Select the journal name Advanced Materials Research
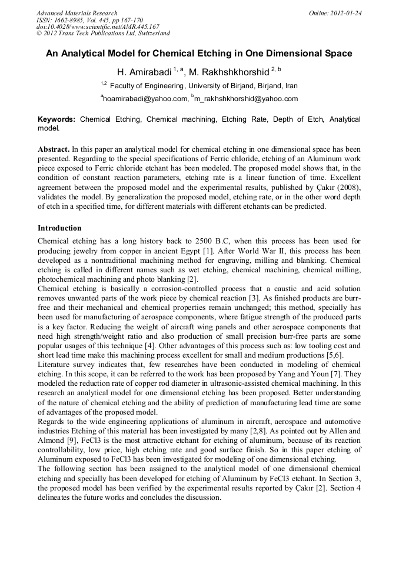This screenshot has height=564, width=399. pyautogui.click(x=77, y=13)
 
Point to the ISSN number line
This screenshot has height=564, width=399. pyautogui.click(x=89, y=20)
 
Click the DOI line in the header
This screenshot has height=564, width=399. pyautogui.click(x=98, y=27)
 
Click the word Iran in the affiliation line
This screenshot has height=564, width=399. pyautogui.click(x=291, y=86)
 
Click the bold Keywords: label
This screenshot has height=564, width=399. pyautogui.click(x=56, y=119)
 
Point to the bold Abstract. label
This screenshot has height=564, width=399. pyautogui.click(x=54, y=149)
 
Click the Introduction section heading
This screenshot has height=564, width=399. pyautogui.click(x=59, y=228)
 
